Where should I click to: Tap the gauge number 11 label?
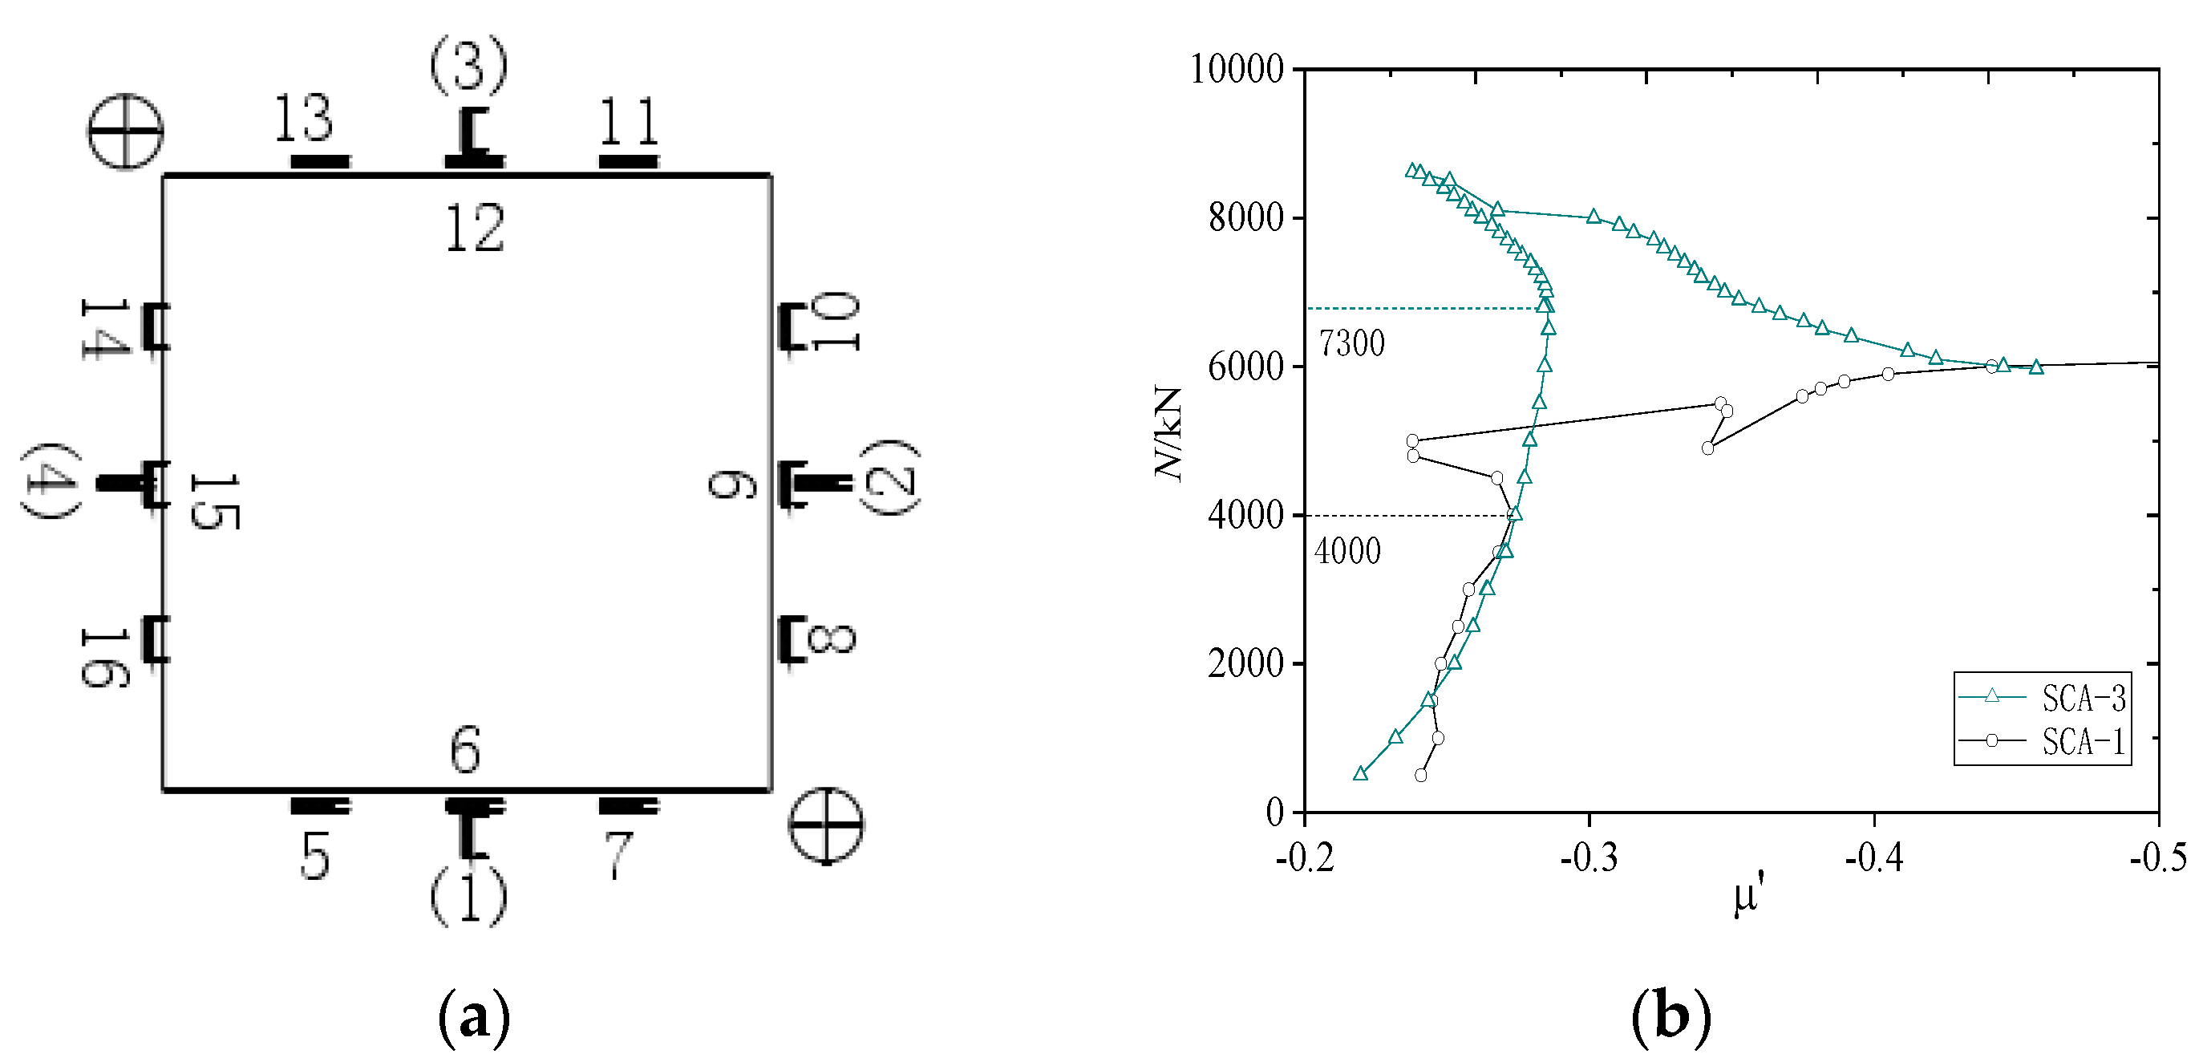click(630, 121)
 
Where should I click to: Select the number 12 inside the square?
click(476, 229)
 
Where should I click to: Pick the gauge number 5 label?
click(315, 856)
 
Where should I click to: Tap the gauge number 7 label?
click(618, 855)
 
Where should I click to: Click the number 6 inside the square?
click(466, 750)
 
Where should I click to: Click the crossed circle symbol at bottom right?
click(825, 825)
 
